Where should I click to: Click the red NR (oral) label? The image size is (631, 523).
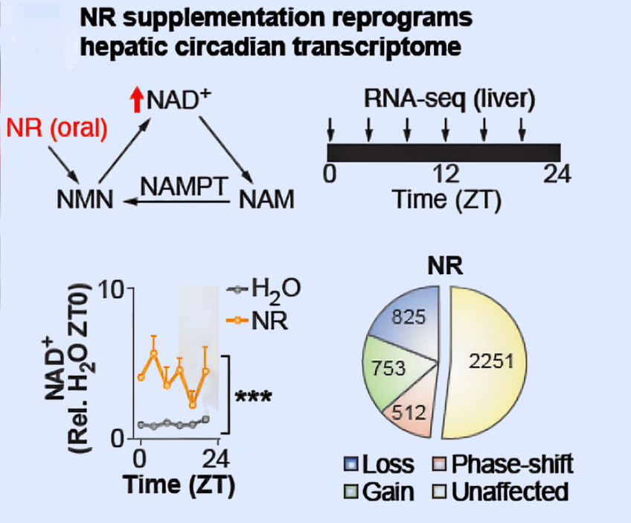click(58, 128)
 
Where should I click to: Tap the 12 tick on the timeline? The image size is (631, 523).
click(446, 175)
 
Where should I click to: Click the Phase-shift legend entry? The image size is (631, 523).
click(503, 466)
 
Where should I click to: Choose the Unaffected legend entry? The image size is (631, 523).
click(503, 491)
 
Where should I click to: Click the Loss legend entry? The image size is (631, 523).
click(379, 466)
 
